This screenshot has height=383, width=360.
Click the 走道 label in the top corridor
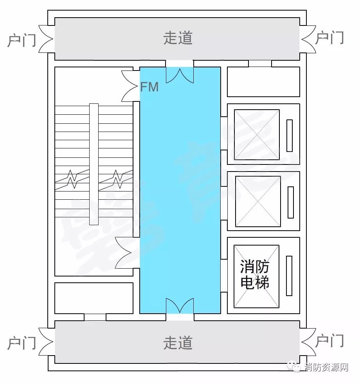click(x=178, y=38)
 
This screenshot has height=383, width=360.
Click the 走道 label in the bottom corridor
click(x=178, y=343)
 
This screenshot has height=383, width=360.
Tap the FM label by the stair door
click(x=149, y=87)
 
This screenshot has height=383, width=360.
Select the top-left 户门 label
click(x=22, y=40)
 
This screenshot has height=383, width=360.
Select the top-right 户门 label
click(x=329, y=38)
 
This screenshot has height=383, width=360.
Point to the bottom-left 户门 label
click(x=22, y=343)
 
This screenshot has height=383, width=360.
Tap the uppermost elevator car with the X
click(x=257, y=135)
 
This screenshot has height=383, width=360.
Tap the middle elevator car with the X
click(x=258, y=201)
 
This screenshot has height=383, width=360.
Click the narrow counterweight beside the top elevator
click(x=290, y=135)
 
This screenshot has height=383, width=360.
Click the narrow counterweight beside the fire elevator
click(x=289, y=276)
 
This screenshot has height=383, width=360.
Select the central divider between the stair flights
click(x=94, y=164)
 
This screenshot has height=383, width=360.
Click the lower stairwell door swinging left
click(x=125, y=253)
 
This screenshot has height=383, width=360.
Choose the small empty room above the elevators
click(x=263, y=81)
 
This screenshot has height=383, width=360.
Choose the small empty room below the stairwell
click(x=94, y=298)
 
